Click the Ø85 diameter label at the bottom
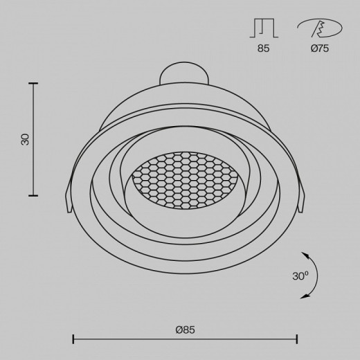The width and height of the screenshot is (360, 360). [x=185, y=330]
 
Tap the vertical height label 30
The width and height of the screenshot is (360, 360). [x=25, y=139]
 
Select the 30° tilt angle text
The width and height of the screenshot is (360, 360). [x=300, y=276]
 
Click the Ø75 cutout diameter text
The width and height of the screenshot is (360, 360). [x=320, y=48]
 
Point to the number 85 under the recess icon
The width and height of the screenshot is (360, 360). [x=263, y=48]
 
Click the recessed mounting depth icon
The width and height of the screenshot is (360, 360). [x=264, y=28]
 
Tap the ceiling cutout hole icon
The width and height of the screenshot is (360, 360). [x=320, y=28]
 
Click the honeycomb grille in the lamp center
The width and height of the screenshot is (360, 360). [x=186, y=181]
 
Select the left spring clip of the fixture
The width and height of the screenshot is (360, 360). [x=69, y=196]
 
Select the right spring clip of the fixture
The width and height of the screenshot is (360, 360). [x=300, y=196]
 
